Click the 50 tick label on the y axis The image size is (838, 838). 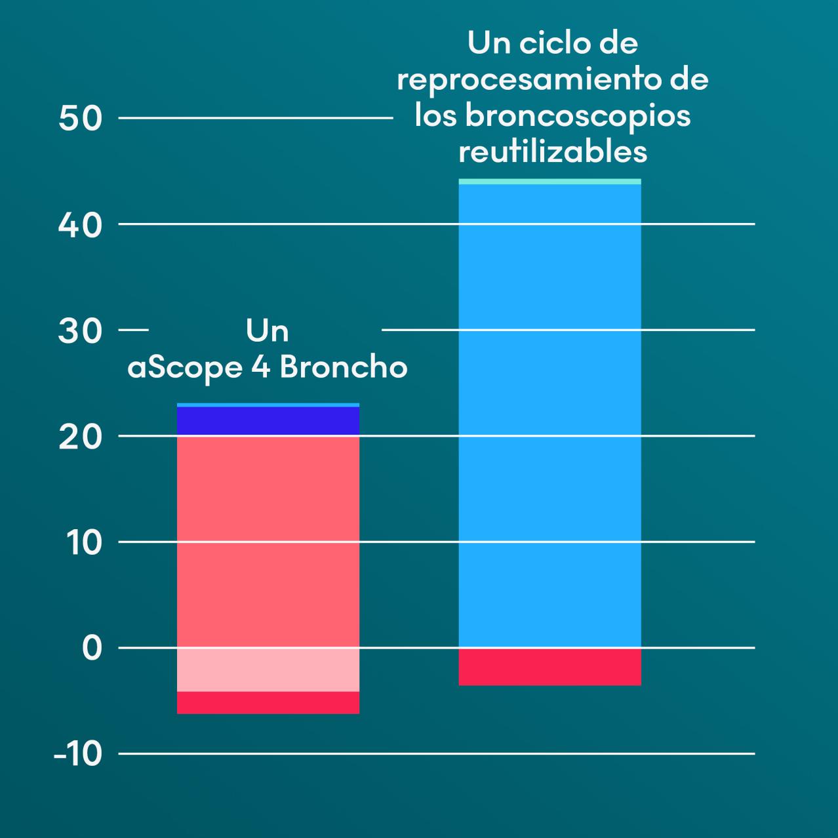pos(81,119)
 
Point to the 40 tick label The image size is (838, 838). pos(81,225)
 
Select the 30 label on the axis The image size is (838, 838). pos(81,331)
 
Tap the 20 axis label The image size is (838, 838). pos(81,437)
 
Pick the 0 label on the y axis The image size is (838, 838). pos(92,648)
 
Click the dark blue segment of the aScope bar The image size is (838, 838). pos(268,421)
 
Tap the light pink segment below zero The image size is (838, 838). pos(268,669)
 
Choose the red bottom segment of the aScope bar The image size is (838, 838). pos(268,702)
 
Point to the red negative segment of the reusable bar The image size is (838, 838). pos(549,666)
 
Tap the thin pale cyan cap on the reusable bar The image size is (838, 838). pos(549,182)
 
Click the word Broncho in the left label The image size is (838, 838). pos(344,367)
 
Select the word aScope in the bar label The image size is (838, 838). pos(185,368)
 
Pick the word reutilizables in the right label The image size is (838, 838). pos(553,151)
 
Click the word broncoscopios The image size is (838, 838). pos(578,115)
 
